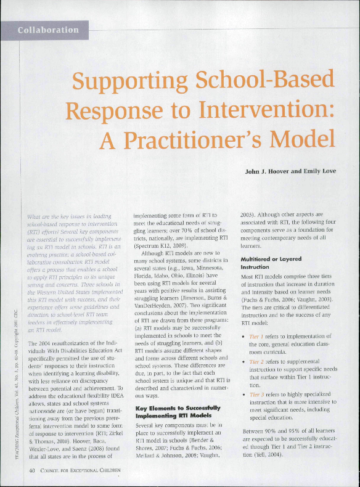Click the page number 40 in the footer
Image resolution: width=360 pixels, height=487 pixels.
click(x=33, y=471)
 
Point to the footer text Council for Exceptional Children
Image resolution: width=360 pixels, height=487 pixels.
click(x=81, y=471)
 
